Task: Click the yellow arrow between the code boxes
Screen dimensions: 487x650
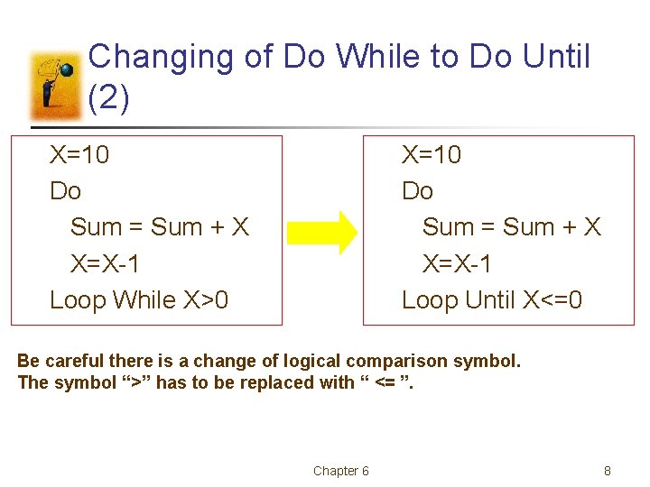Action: pyautogui.click(x=323, y=232)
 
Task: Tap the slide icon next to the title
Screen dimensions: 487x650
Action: pyautogui.click(x=57, y=86)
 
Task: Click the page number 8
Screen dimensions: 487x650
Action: pyautogui.click(x=608, y=471)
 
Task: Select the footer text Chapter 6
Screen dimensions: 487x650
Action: pyautogui.click(x=340, y=471)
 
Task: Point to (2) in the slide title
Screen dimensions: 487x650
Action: pyautogui.click(x=109, y=97)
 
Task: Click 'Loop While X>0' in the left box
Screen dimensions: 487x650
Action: pyautogui.click(x=139, y=299)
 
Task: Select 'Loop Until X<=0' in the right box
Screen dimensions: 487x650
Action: pyautogui.click(x=492, y=299)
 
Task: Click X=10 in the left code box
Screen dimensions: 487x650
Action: pyautogui.click(x=79, y=155)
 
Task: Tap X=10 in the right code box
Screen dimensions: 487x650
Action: pyautogui.click(x=432, y=155)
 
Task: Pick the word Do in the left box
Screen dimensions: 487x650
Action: pyautogui.click(x=65, y=191)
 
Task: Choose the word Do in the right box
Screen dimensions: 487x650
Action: pyautogui.click(x=417, y=191)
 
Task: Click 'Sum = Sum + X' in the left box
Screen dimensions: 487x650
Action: pyautogui.click(x=160, y=227)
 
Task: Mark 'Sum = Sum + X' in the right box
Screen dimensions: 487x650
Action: pyautogui.click(x=512, y=227)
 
